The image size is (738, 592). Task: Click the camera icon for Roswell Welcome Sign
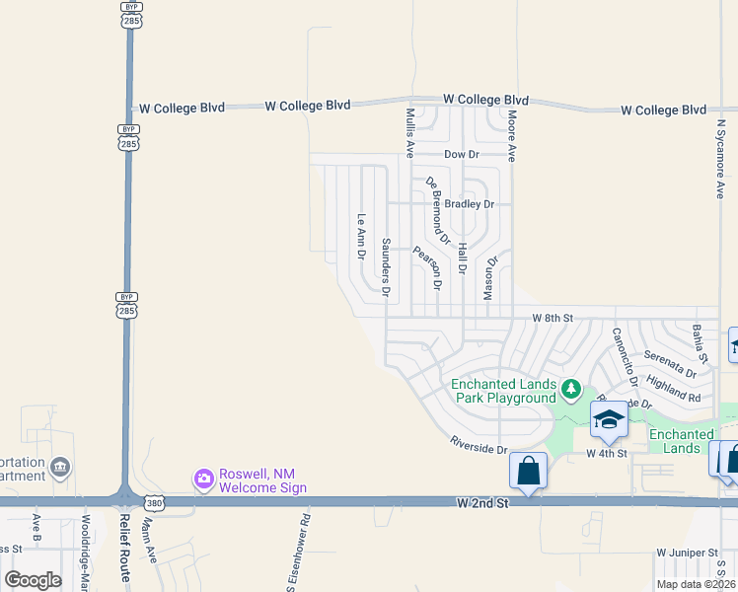coord(204,480)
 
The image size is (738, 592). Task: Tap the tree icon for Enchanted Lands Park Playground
coord(570,391)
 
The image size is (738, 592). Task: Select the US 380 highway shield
coord(154,503)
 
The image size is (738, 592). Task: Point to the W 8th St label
coord(552,318)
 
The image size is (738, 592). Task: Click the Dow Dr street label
coord(461,155)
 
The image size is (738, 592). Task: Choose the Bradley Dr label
coord(469,204)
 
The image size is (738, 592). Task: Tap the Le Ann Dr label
coord(361,237)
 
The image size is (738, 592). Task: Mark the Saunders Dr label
coord(387,267)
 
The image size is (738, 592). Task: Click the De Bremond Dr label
coord(437,211)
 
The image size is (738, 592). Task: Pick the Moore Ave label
coord(512,136)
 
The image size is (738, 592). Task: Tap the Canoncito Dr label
coord(624,356)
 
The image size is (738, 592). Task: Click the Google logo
coord(34,580)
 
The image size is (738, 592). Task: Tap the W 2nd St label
coord(481,503)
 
